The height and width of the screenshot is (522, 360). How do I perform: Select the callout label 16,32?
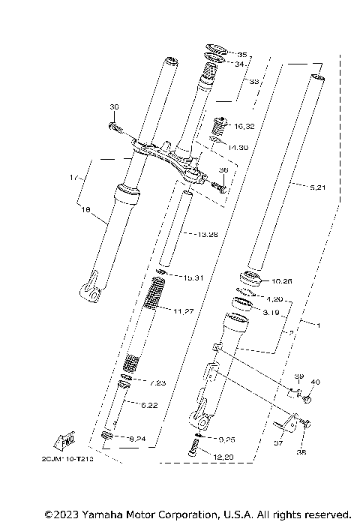tap(223, 126)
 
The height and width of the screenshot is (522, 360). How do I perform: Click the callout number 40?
tap(315, 382)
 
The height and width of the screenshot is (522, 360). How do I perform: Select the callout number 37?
tap(278, 443)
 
